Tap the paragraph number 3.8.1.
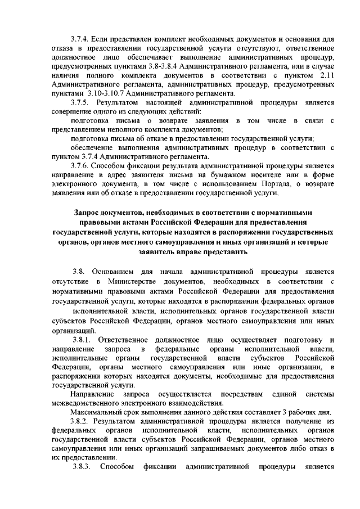(83, 339)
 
